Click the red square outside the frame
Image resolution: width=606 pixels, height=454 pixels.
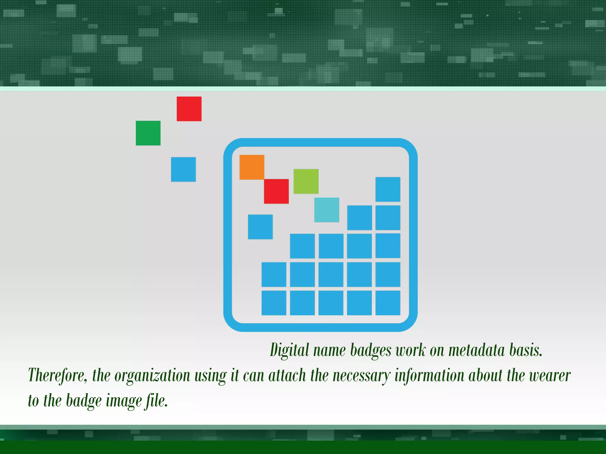pyautogui.click(x=189, y=109)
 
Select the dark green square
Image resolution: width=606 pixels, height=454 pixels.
pyautogui.click(x=148, y=133)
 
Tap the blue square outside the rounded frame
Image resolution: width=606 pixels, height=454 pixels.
pyautogui.click(x=183, y=169)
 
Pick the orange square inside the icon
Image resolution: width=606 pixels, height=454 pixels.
pyautogui.click(x=252, y=167)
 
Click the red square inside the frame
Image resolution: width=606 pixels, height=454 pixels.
pyautogui.click(x=276, y=191)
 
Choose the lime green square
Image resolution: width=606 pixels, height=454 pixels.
pyautogui.click(x=306, y=181)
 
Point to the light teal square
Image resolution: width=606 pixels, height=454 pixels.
pyautogui.click(x=327, y=210)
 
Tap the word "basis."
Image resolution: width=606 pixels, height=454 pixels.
pyautogui.click(x=526, y=350)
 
